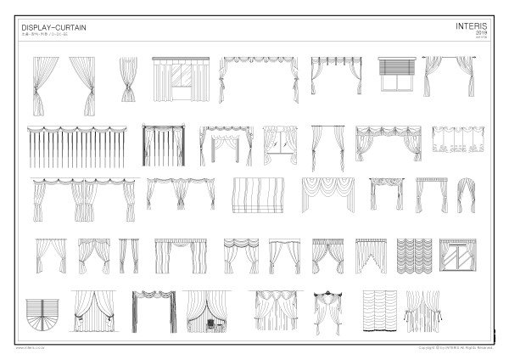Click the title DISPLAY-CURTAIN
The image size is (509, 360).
(x=53, y=28)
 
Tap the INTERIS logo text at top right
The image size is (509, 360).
(x=471, y=26)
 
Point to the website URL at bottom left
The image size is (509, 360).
(x=31, y=348)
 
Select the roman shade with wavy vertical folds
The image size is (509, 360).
(x=255, y=196)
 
